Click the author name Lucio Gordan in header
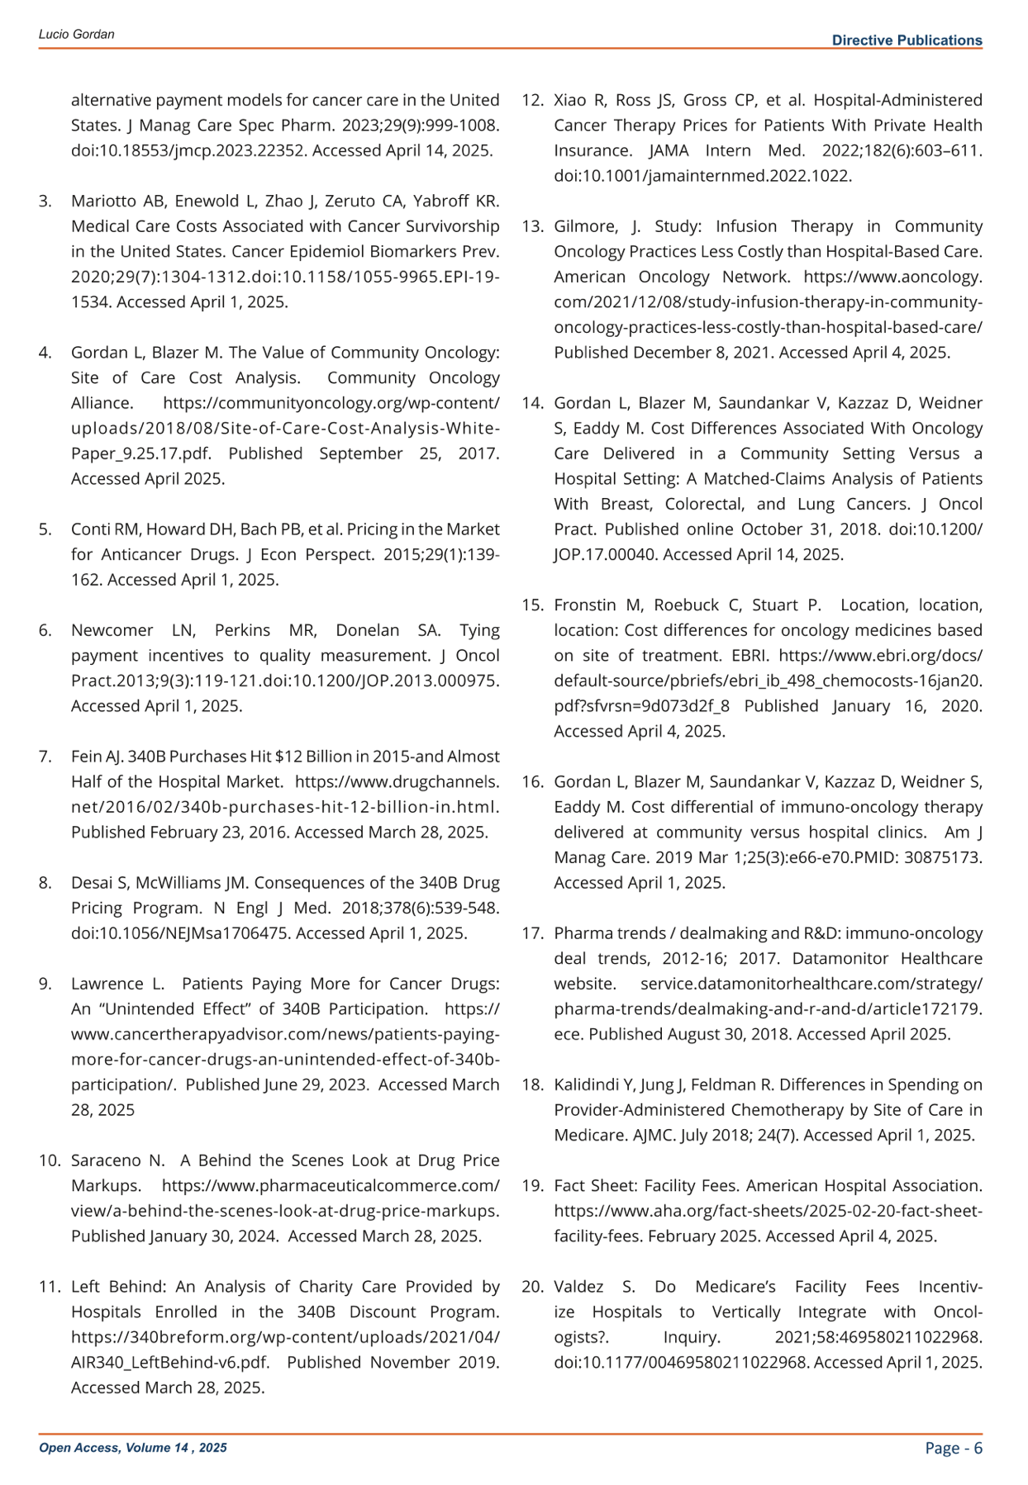pos(76,35)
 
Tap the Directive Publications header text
pos(907,40)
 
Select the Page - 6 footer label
pos(954,1447)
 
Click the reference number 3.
pos(45,202)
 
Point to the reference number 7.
pos(45,757)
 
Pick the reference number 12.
pos(532,101)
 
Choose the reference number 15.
pos(532,605)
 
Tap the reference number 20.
pos(532,1287)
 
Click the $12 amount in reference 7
pos(245,757)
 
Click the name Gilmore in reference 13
pos(583,227)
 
